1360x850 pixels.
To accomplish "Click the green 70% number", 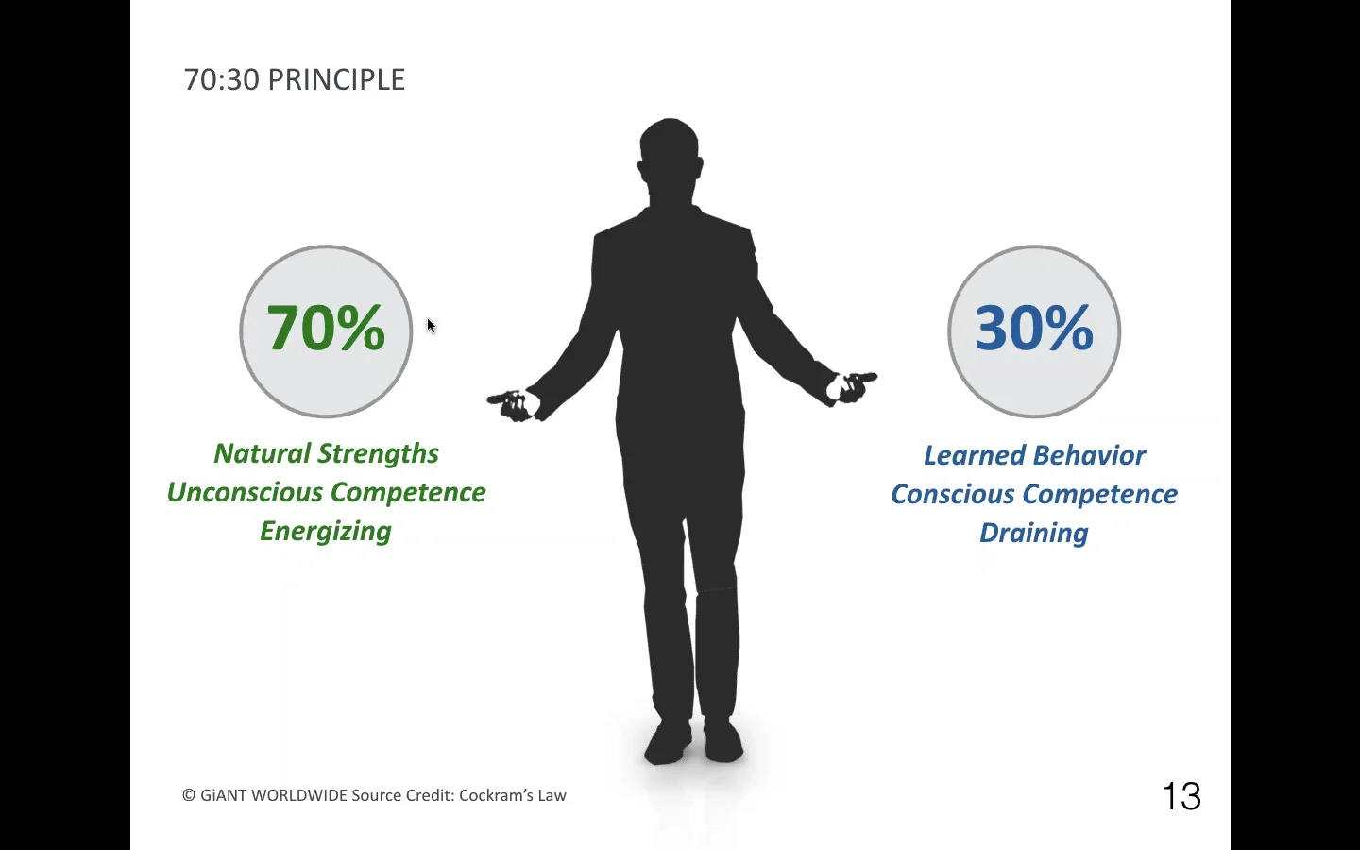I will point(326,329).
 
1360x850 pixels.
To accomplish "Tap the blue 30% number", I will point(1034,329).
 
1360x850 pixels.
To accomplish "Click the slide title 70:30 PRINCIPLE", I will point(295,80).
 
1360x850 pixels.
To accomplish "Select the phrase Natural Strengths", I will point(326,454).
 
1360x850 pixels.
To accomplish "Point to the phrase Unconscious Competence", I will point(326,493).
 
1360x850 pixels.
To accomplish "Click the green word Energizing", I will point(326,532).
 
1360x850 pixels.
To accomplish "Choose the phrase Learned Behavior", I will point(1034,456).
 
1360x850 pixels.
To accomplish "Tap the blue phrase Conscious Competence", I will point(1034,495).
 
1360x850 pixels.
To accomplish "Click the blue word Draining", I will point(1034,534).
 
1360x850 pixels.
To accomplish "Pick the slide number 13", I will point(1181,797).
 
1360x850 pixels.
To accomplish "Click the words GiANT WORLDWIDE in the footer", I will point(274,795).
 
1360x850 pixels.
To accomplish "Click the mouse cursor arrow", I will point(431,326).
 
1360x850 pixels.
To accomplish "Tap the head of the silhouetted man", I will point(670,151).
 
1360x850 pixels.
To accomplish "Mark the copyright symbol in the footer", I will point(189,795).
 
